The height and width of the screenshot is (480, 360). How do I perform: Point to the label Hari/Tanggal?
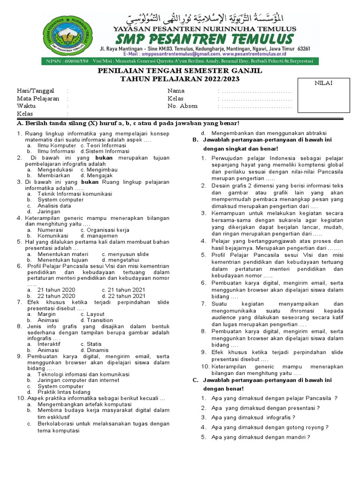(x=36, y=91)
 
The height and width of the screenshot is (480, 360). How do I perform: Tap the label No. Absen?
(x=182, y=106)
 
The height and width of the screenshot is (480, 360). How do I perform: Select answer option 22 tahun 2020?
(x=56, y=296)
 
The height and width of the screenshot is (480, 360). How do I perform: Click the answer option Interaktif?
(x=49, y=344)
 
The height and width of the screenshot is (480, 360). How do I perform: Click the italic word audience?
(x=224, y=317)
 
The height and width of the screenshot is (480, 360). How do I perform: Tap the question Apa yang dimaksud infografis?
(x=253, y=417)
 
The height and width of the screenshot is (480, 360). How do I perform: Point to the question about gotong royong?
(x=270, y=427)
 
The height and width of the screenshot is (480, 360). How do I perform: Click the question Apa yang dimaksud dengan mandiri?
(x=261, y=437)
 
